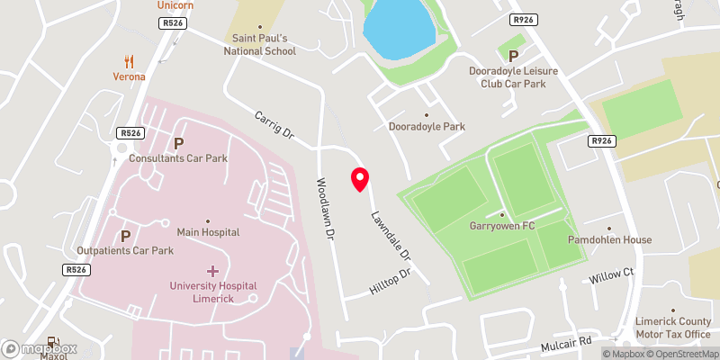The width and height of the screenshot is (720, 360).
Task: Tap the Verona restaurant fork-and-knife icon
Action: click(x=130, y=61)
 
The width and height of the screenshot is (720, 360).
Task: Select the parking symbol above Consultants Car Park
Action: click(x=178, y=143)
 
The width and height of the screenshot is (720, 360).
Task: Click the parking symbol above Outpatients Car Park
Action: click(x=125, y=236)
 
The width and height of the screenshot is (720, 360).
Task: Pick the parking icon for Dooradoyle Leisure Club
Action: click(x=513, y=56)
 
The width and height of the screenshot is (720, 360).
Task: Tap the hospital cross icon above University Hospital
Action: click(x=213, y=270)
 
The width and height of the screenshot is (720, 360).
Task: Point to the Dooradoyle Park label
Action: click(x=427, y=127)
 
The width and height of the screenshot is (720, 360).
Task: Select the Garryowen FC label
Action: click(x=502, y=225)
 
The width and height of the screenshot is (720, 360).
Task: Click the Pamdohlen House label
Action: click(x=609, y=240)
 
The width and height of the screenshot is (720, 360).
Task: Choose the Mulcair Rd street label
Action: click(x=566, y=342)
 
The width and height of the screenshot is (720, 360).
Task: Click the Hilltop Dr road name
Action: click(x=390, y=283)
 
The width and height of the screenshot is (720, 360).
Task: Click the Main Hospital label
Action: click(x=208, y=231)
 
